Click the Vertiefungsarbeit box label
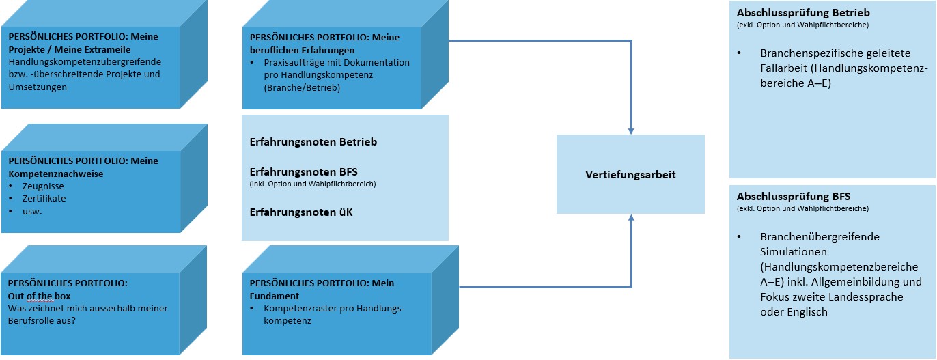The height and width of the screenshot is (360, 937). (630, 175)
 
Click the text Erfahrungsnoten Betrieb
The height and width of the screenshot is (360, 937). (313, 142)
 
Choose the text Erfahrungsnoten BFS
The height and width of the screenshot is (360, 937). (303, 171)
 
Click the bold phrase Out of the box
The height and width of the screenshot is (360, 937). (39, 296)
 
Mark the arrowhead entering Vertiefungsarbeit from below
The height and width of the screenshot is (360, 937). (631, 218)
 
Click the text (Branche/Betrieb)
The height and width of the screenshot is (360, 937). (302, 88)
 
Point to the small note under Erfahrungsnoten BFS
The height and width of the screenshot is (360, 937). (313, 184)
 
